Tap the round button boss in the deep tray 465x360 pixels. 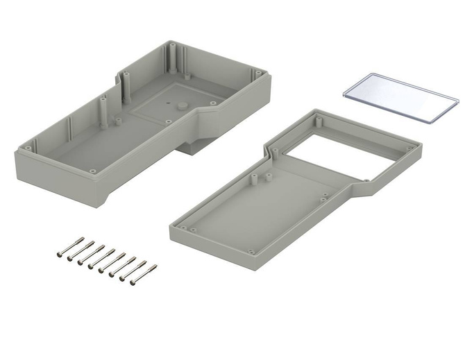pos(180,105)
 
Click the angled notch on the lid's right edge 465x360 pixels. pos(362,182)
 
